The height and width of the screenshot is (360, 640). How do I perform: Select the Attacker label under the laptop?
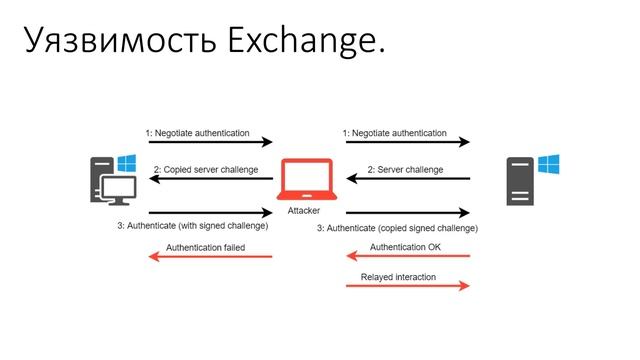tap(304, 212)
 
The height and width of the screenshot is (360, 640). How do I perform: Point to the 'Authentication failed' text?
tap(205, 246)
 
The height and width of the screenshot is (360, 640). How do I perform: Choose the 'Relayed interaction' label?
tap(398, 277)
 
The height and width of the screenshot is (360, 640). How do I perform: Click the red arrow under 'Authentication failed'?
tap(210, 257)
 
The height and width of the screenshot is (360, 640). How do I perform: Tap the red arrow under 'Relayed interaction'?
tap(408, 287)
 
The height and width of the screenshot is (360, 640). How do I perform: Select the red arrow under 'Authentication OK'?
tap(408, 257)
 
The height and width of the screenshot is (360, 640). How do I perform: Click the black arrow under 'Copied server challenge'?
tap(210, 180)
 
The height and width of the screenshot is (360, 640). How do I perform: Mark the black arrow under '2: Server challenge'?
tap(408, 180)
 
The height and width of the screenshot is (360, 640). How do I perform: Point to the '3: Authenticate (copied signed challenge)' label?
tap(398, 228)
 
